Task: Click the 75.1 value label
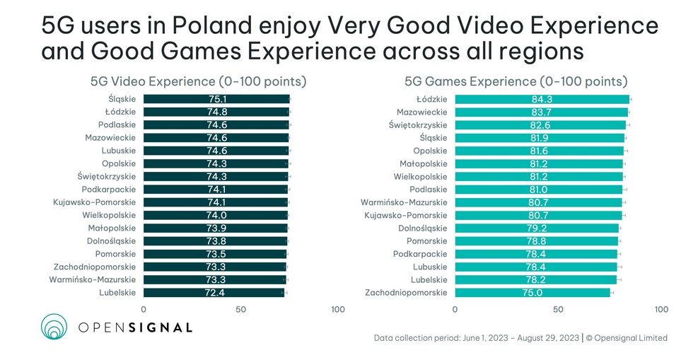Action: click(x=216, y=99)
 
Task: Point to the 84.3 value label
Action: click(x=542, y=99)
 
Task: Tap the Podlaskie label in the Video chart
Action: click(x=117, y=124)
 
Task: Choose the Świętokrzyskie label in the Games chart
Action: click(x=418, y=124)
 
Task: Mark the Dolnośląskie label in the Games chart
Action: click(x=423, y=228)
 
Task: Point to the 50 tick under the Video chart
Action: click(x=241, y=309)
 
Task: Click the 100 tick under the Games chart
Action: click(x=661, y=309)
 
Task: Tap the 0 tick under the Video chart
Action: click(x=144, y=309)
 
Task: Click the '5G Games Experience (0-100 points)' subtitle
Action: click(x=516, y=81)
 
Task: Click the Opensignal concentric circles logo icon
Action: click(x=54, y=326)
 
